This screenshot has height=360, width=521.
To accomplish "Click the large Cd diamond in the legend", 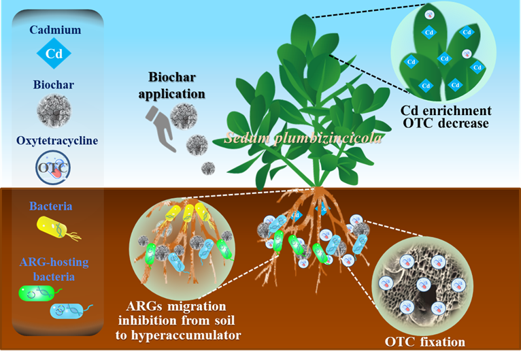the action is coord(54,53).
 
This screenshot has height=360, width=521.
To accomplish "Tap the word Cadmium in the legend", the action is coord(55,30).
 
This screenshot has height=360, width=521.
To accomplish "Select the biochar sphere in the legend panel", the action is coord(54,111).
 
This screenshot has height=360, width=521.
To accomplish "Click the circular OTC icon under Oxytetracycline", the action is coord(53,167).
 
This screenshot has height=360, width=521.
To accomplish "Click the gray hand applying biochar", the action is coord(160,128).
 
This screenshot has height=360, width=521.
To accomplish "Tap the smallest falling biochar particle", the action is coord(208,168).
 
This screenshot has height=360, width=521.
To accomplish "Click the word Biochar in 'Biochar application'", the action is coord(172,77).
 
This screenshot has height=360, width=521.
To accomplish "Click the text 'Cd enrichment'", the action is coord(446,110).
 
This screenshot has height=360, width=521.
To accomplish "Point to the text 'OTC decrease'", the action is coord(446,123).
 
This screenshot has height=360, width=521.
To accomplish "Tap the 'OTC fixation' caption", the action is coord(425,342).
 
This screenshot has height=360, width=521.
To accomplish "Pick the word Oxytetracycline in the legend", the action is coord(57,141).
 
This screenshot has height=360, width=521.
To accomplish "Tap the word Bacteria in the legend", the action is coord(51,206).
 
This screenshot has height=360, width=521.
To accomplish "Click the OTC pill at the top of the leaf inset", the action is coord(429,15).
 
